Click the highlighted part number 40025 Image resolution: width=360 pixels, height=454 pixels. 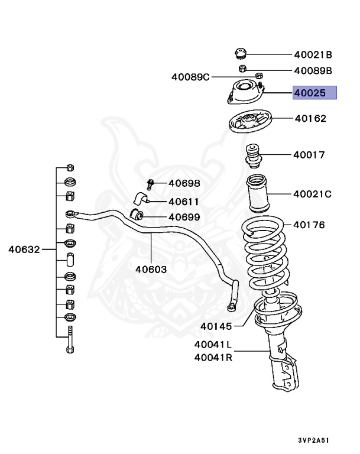(314, 93)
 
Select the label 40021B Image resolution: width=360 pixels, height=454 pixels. (313, 55)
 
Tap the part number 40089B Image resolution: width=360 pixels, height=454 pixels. (313, 71)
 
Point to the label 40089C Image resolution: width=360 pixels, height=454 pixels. (190, 77)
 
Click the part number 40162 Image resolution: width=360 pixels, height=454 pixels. (310, 118)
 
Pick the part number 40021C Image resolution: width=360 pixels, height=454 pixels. (312, 193)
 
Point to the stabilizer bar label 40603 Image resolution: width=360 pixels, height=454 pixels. (151, 269)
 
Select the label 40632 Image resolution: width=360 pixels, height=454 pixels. (24, 249)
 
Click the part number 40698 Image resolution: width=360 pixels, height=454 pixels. (184, 183)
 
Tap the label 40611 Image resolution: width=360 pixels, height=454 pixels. (184, 200)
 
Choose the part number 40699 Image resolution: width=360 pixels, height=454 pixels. (184, 217)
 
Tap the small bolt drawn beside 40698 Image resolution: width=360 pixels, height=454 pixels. (151, 184)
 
